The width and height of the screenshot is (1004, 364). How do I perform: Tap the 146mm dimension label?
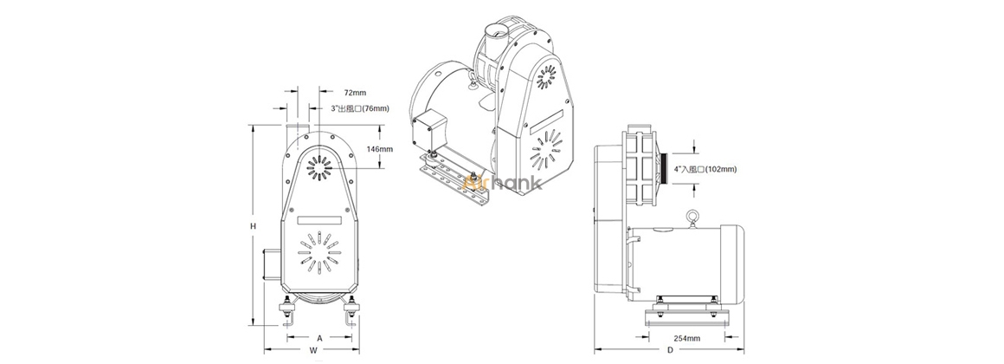pyautogui.click(x=380, y=149)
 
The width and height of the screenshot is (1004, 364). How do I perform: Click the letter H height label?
pyautogui.click(x=253, y=226)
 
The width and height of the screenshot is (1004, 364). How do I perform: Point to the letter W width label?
pyautogui.click(x=313, y=350)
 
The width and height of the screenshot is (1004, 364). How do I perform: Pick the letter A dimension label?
pyautogui.click(x=319, y=337)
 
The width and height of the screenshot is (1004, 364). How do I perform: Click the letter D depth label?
pyautogui.click(x=670, y=350)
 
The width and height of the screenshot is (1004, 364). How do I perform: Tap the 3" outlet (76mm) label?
pyautogui.click(x=360, y=109)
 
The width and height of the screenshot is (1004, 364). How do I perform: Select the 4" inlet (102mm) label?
pyautogui.click(x=706, y=169)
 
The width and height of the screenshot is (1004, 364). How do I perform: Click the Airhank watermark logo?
pyautogui.click(x=503, y=184)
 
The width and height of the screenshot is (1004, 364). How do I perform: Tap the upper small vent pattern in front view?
pyautogui.click(x=319, y=166)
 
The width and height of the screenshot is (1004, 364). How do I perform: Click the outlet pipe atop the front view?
pyautogui.click(x=295, y=129)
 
